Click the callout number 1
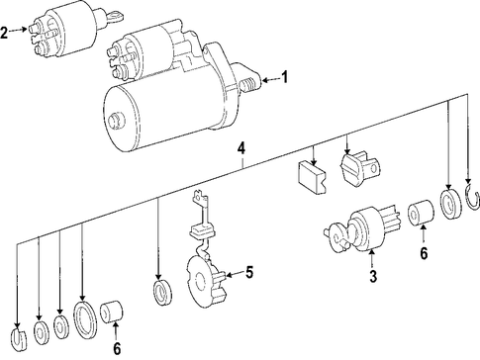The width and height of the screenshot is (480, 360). click(284, 77)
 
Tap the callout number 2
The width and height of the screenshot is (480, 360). click(4, 33)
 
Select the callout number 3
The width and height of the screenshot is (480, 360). click(373, 277)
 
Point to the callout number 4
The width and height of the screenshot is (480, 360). click(241, 148)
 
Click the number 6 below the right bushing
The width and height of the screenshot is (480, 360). click(424, 253)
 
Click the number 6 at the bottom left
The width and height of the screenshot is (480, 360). click(117, 349)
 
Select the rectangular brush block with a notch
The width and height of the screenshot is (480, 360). click(312, 177)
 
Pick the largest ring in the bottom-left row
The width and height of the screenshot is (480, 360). click(84, 318)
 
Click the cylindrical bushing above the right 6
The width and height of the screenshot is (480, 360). click(422, 213)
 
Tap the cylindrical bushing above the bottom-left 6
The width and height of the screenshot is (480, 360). click(111, 312)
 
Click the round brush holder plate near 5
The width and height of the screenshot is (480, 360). click(206, 283)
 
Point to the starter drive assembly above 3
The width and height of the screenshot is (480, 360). click(362, 230)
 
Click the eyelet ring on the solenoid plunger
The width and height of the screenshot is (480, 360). click(115, 15)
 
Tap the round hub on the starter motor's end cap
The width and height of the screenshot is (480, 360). click(115, 121)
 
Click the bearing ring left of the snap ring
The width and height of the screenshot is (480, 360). click(451, 204)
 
